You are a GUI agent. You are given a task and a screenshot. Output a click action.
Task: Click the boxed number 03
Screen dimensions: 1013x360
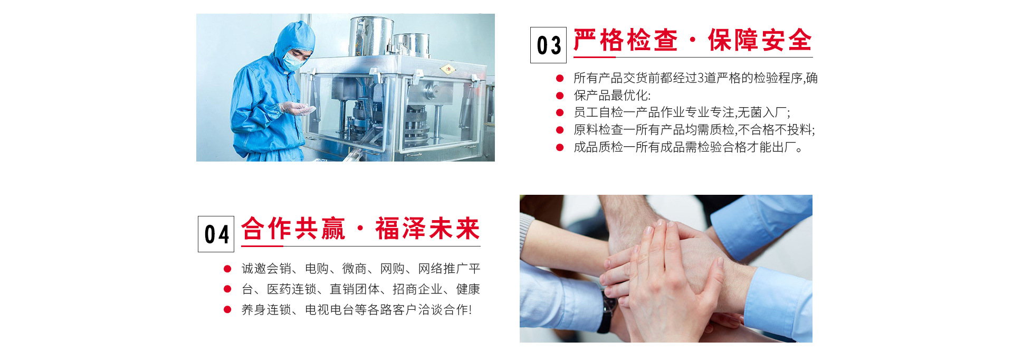[548, 45]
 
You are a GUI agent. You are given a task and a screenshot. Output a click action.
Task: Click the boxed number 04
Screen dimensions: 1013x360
[216, 234]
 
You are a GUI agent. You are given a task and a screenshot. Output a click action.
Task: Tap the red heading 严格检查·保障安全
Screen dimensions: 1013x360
[692, 40]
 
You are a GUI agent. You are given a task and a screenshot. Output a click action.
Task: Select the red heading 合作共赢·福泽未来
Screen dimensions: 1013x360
[360, 229]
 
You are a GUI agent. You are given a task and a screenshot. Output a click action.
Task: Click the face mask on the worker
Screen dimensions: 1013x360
[292, 60]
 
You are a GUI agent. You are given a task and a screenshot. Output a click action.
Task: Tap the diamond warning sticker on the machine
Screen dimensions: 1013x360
[447, 69]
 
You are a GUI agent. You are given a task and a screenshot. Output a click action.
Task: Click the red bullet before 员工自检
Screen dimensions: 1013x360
[560, 112]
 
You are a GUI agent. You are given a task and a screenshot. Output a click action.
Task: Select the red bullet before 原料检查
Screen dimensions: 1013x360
[560, 130]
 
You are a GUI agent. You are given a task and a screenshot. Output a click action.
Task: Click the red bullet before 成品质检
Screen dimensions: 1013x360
[560, 147]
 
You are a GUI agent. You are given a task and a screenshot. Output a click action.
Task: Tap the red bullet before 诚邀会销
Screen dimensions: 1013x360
[227, 269]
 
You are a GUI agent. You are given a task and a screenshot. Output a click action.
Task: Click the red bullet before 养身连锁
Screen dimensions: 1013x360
[227, 310]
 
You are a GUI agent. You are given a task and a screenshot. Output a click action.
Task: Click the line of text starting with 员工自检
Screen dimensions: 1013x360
[682, 112]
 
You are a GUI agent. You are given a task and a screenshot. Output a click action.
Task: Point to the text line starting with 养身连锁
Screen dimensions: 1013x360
[357, 310]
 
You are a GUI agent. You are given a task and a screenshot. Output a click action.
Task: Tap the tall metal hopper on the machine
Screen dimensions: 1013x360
[371, 37]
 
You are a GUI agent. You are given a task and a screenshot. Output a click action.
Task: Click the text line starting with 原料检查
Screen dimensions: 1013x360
[694, 130]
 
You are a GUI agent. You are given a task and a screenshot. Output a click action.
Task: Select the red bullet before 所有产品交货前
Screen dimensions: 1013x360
[560, 78]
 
